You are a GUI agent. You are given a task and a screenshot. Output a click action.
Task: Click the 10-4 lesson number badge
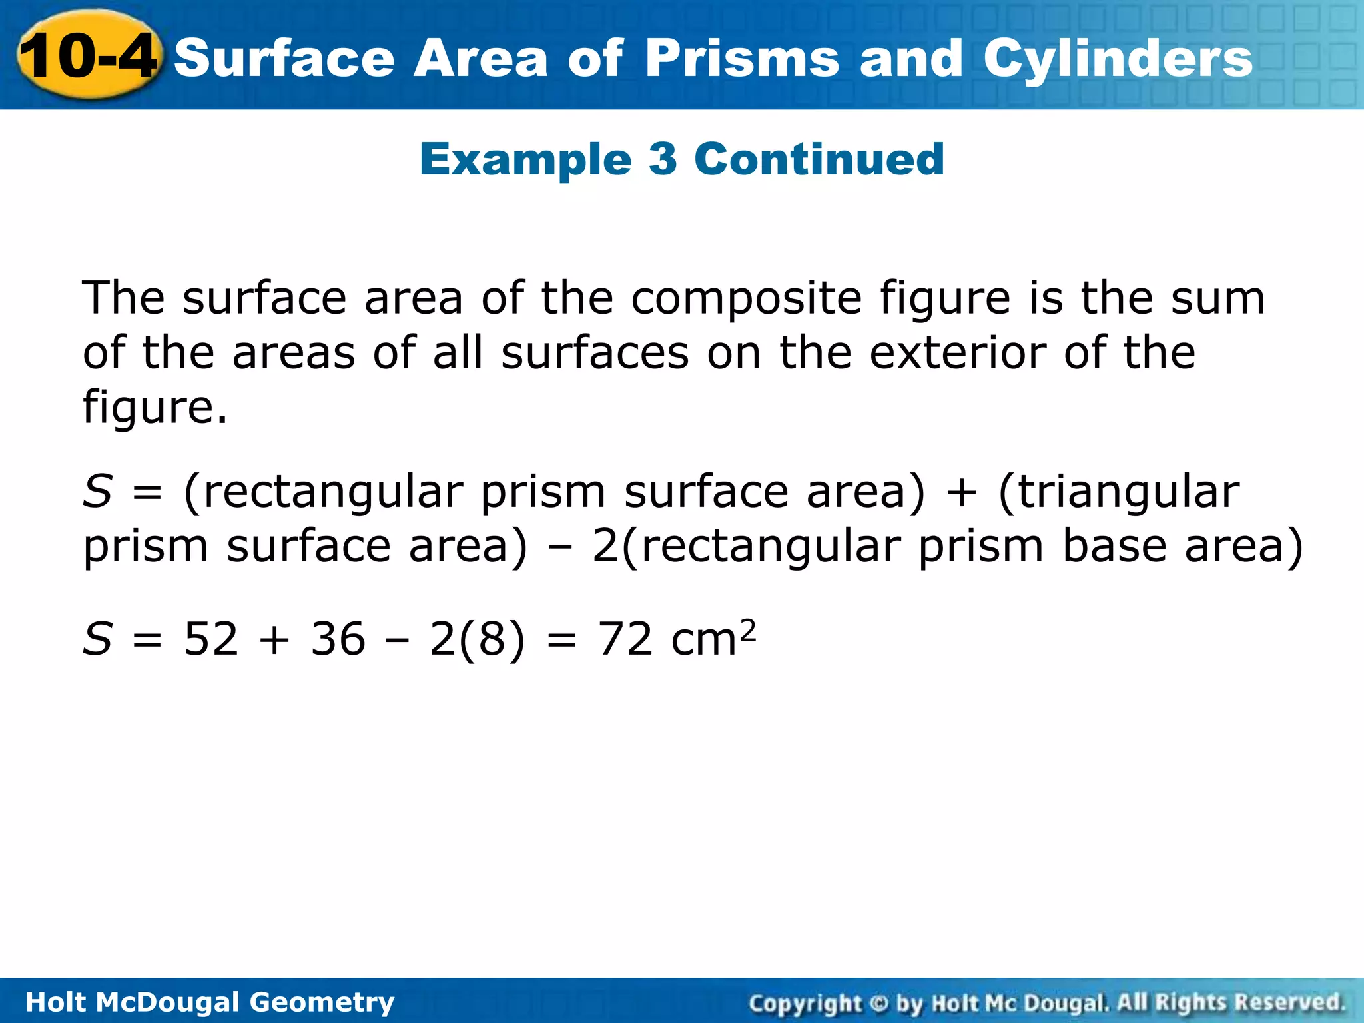click(x=88, y=56)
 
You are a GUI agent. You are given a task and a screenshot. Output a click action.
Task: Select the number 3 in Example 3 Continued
click(x=663, y=160)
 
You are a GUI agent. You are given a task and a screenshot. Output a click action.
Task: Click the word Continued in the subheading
click(x=819, y=160)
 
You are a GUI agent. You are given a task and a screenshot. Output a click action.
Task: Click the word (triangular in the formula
click(x=1119, y=493)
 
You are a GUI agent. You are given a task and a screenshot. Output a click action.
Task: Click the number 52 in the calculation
click(x=211, y=639)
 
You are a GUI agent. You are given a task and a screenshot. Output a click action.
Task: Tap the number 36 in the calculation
click(x=338, y=639)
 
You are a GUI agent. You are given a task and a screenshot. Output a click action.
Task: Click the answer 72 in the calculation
click(x=625, y=639)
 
